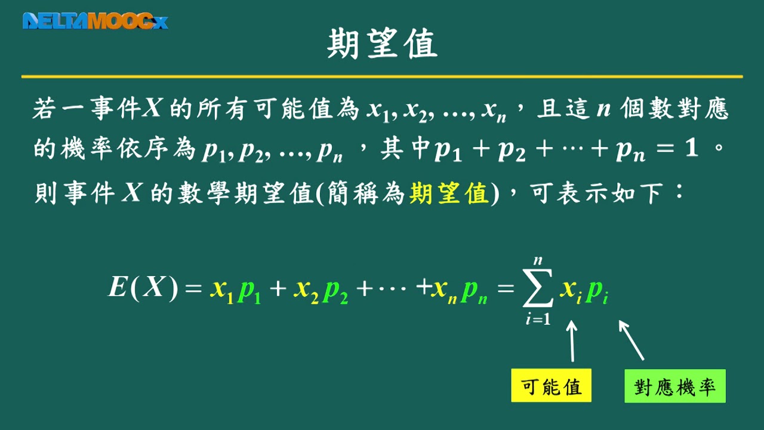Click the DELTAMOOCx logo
pos(95,21)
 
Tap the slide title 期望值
pos(383,44)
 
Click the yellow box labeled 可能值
pos(551,385)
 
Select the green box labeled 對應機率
pos(675,386)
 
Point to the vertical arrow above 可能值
pos(572,340)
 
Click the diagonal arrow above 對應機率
pos(631,340)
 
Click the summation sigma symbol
pos(538,288)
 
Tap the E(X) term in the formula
pos(143,288)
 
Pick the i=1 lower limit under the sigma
pos(538,320)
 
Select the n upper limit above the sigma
pos(538,261)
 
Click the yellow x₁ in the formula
pos(222,291)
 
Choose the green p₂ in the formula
pos(335,293)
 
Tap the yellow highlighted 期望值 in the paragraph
pos(449,193)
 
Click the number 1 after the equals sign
pos(691,149)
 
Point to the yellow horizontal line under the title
pos(382,77)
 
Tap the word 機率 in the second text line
pos(87,149)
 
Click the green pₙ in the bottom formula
pos(474,293)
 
